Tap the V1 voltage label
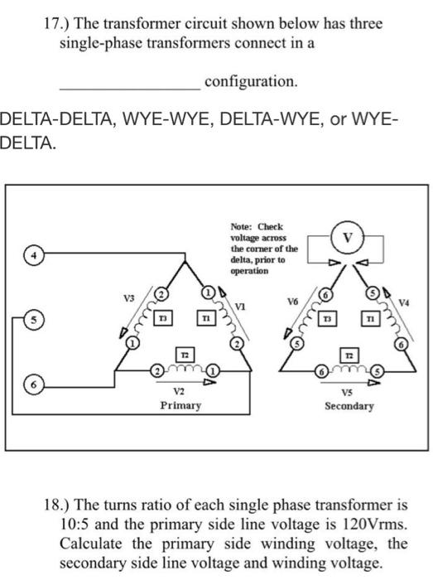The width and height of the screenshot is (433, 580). tap(240, 306)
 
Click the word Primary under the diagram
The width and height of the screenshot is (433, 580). tap(180, 405)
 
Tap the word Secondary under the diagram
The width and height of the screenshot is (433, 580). tap(349, 406)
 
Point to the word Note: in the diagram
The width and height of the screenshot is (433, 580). tap(243, 225)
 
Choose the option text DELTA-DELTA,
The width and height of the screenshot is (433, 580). tap(58, 122)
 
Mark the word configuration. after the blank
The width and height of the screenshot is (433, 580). tap(250, 81)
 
